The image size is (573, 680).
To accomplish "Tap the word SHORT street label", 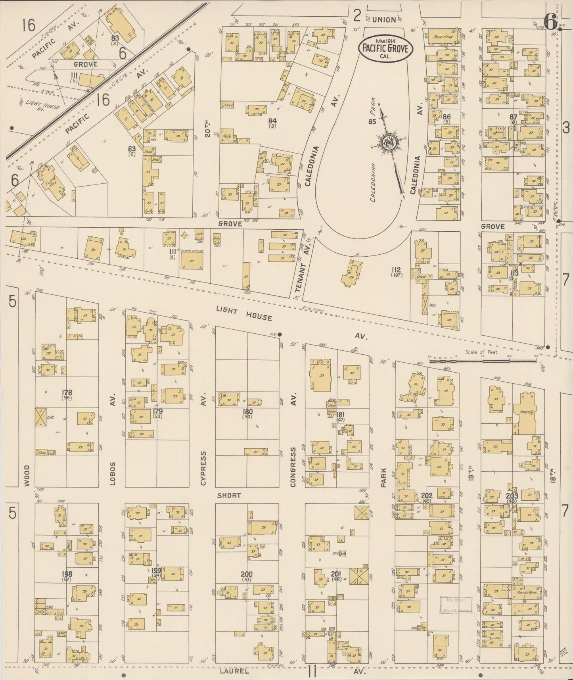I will pos(229,496).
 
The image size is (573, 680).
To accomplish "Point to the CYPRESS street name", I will pos(203,468).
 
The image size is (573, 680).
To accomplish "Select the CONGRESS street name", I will pos(293,467).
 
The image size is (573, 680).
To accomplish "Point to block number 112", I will pos(396,270).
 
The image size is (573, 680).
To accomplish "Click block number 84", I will pos(272,121).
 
